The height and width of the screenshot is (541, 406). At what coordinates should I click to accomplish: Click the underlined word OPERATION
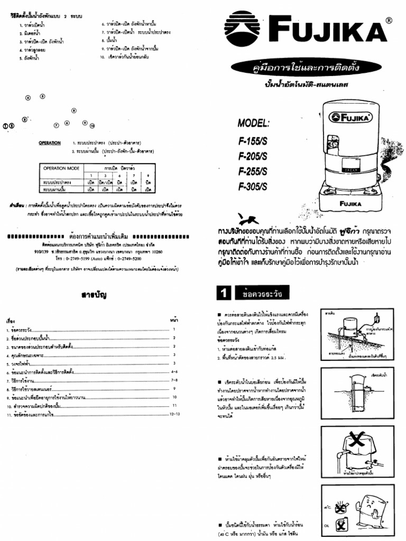49,143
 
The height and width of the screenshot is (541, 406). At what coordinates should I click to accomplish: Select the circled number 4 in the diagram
28,98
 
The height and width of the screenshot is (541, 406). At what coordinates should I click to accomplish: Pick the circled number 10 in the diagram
92,126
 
